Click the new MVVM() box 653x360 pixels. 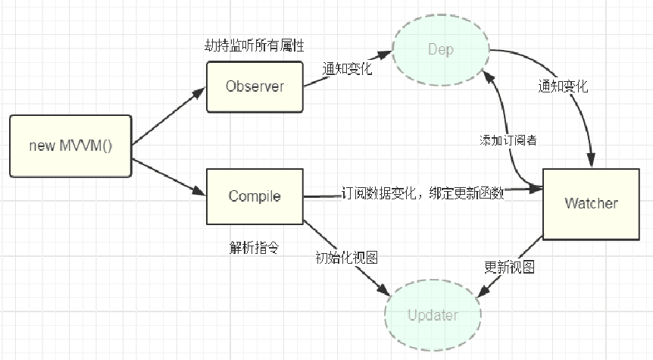pyautogui.click(x=70, y=146)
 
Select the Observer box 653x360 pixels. pyautogui.click(x=255, y=86)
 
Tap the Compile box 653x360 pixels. pyautogui.click(x=255, y=196)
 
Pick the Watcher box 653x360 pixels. pyautogui.click(x=591, y=204)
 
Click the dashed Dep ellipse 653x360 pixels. pyautogui.click(x=441, y=50)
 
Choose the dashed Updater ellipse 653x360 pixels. pyautogui.click(x=433, y=315)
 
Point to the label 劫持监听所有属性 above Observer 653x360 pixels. pyautogui.click(x=255, y=45)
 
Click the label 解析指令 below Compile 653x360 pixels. pyautogui.click(x=254, y=248)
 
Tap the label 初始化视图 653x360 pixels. pyautogui.click(x=346, y=258)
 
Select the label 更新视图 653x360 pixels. pyautogui.click(x=509, y=267)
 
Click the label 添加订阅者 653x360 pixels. pyautogui.click(x=508, y=140)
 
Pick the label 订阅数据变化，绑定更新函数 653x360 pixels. pyautogui.click(x=423, y=193)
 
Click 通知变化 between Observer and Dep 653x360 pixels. pyautogui.click(x=347, y=68)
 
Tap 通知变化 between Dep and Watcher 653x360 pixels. pyautogui.click(x=563, y=86)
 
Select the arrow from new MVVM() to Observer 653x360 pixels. pyautogui.click(x=169, y=116)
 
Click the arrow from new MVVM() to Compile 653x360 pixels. pyautogui.click(x=169, y=177)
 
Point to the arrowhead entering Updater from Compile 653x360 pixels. pyautogui.click(x=383, y=290)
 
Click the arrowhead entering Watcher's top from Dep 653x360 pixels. pyautogui.click(x=591, y=161)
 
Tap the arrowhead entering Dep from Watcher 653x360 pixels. pyautogui.click(x=488, y=77)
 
